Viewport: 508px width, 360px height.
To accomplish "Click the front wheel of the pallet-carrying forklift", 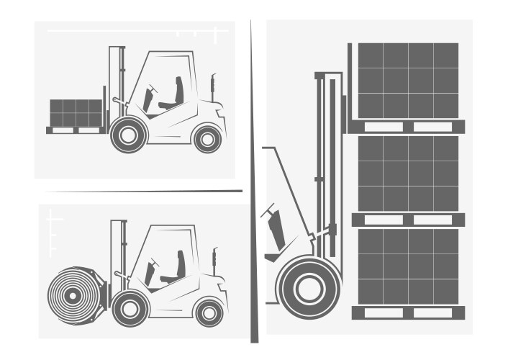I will click(129, 135).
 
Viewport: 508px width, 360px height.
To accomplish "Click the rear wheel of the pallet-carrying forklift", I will click(207, 138).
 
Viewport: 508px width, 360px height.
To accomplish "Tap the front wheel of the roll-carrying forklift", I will click(130, 309).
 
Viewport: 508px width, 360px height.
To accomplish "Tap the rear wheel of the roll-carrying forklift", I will click(209, 312).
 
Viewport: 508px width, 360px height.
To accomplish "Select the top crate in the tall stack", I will click(408, 80).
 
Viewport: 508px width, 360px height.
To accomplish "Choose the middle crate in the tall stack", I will click(408, 173).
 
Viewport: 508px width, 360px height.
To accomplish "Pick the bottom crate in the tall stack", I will click(408, 266).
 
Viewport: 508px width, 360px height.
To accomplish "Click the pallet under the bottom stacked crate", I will click(408, 312).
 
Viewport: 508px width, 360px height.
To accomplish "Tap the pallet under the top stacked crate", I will click(407, 127).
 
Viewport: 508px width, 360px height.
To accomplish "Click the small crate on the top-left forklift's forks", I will click(76, 112).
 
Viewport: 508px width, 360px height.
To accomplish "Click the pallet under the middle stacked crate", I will click(408, 220).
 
